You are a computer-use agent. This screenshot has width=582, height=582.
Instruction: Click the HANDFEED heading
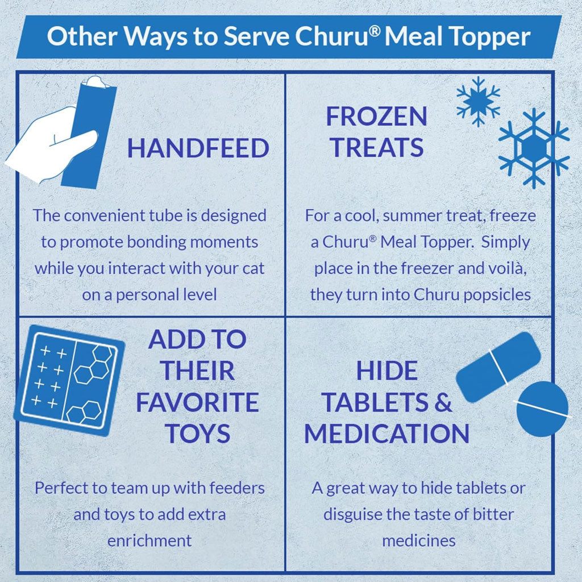(198, 148)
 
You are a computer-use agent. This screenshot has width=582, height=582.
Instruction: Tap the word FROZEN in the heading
(376, 116)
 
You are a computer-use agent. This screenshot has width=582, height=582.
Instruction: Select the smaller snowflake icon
(478, 101)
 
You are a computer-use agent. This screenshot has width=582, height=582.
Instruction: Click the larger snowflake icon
(534, 148)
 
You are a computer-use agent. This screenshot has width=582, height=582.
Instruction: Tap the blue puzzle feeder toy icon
(69, 380)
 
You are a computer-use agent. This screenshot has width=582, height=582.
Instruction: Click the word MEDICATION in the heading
(386, 434)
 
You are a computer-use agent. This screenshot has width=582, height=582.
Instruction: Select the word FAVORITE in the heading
(197, 402)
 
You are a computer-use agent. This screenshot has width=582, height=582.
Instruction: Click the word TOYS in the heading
(197, 434)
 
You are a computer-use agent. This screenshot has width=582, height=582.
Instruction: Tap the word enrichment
(149, 541)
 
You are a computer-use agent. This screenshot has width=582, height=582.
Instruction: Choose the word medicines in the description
(419, 541)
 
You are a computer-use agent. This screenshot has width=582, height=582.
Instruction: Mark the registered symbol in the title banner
(375, 31)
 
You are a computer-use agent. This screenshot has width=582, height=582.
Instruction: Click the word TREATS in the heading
(376, 147)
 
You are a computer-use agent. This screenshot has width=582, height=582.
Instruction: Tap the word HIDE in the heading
(386, 371)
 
